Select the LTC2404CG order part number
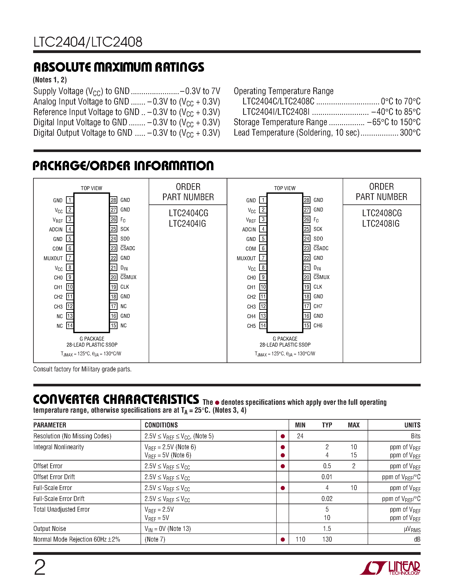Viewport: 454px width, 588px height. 188,213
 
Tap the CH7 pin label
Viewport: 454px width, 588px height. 318,306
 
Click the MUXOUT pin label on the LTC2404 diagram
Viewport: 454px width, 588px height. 53,259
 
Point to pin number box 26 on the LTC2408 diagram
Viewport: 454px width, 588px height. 307,219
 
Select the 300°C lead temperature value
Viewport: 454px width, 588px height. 410,133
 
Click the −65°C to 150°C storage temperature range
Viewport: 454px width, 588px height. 394,122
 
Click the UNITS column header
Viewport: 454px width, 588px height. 412,425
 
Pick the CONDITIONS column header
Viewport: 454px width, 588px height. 161,425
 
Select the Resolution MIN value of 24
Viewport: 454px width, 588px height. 300,436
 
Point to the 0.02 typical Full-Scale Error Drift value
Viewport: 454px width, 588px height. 327,499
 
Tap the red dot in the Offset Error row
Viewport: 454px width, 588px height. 283,466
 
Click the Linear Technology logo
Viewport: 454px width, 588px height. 390,568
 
